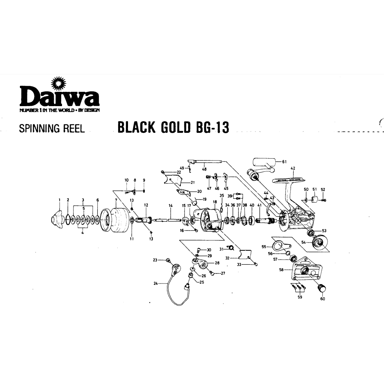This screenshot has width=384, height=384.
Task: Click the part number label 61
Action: pos(284,162)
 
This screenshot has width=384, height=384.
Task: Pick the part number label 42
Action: pos(293,168)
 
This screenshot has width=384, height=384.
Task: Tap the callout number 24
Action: pos(156,283)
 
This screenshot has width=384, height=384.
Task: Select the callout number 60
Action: pos(322,299)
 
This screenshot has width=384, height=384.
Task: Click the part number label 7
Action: pos(116,200)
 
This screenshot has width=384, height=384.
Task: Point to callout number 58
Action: pos(281,270)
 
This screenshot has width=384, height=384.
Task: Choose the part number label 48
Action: pos(204,169)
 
